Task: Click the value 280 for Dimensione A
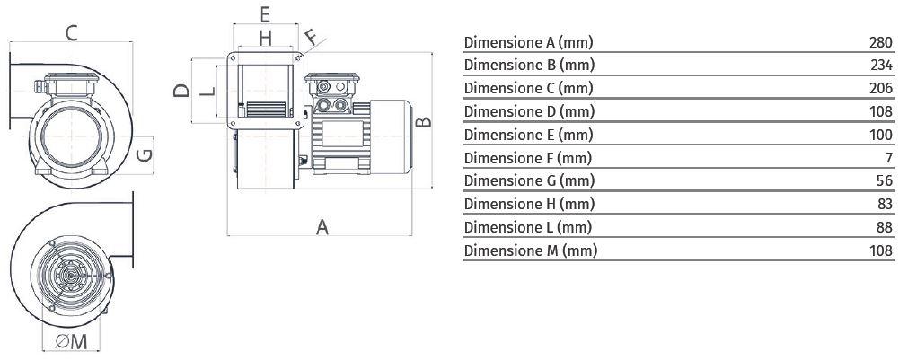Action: pyautogui.click(x=881, y=42)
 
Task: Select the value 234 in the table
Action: pyautogui.click(x=881, y=65)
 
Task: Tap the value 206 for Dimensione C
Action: pyautogui.click(x=881, y=88)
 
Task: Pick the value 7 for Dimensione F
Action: pyautogui.click(x=889, y=158)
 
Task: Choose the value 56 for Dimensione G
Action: pyautogui.click(x=886, y=180)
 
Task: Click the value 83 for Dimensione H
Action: pyautogui.click(x=886, y=204)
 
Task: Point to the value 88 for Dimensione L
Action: pyautogui.click(x=886, y=227)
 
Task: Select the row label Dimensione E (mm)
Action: pyautogui.click(x=528, y=136)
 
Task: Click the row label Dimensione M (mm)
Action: pyautogui.click(x=531, y=250)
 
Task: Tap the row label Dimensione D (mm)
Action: pyautogui.click(x=529, y=112)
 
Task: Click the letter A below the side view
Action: pyautogui.click(x=322, y=227)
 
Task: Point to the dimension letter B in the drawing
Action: pyautogui.click(x=423, y=121)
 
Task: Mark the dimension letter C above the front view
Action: pyautogui.click(x=71, y=33)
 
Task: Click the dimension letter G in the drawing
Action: pyautogui.click(x=145, y=154)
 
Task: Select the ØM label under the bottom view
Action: pyautogui.click(x=72, y=342)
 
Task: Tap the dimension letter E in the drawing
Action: pyautogui.click(x=265, y=14)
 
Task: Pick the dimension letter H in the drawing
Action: pyautogui.click(x=265, y=39)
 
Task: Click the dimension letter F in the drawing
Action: pyautogui.click(x=312, y=38)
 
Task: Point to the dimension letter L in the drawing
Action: pyautogui.click(x=208, y=90)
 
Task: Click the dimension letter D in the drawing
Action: pyautogui.click(x=181, y=91)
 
